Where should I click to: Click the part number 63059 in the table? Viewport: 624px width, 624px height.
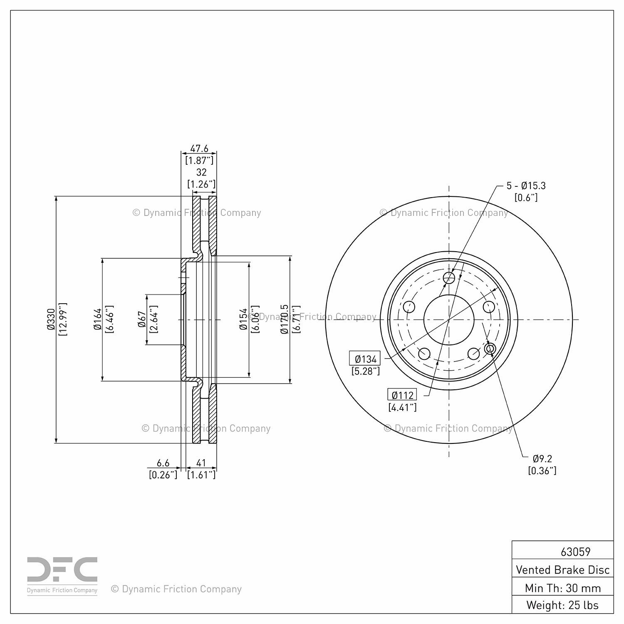coord(575,552)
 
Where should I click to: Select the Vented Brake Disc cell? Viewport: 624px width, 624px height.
coord(562,570)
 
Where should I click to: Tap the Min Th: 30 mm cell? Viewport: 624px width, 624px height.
coord(562,588)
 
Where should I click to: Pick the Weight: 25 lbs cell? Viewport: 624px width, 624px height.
coord(562,605)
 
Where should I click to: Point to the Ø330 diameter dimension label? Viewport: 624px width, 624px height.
coord(51,319)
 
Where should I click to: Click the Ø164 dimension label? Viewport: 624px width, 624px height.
coord(98,319)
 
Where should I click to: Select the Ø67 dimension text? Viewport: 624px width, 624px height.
coord(142,319)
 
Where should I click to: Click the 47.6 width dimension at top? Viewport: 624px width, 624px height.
coord(199,149)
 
